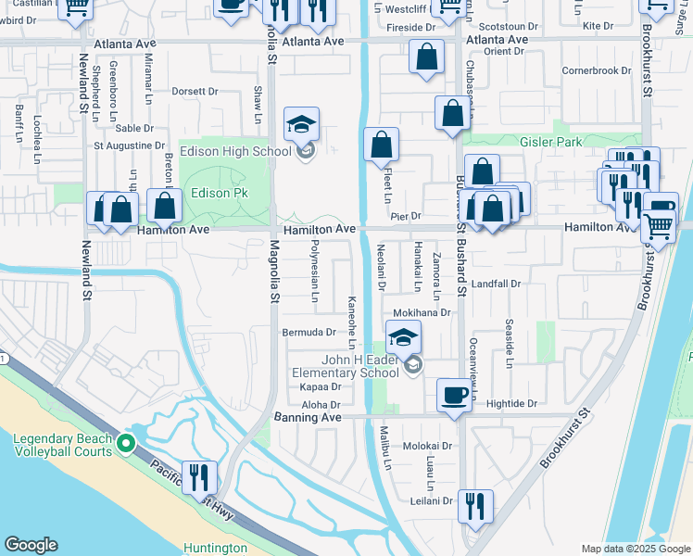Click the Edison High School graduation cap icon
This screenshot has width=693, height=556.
301,123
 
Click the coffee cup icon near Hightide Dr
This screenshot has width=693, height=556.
454,395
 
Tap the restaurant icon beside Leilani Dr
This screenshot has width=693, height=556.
474,505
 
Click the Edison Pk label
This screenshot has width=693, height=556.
215,194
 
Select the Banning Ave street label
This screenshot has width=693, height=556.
308,418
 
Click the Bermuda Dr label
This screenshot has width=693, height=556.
309,332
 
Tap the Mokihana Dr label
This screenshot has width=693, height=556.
422,313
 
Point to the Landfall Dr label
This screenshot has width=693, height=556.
497,284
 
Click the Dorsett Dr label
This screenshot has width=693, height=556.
195,92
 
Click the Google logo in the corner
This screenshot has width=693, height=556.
31,545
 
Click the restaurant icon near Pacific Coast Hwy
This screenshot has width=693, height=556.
199,477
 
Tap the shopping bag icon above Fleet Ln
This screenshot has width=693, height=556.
381,145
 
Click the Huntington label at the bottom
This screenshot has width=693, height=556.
216,548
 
